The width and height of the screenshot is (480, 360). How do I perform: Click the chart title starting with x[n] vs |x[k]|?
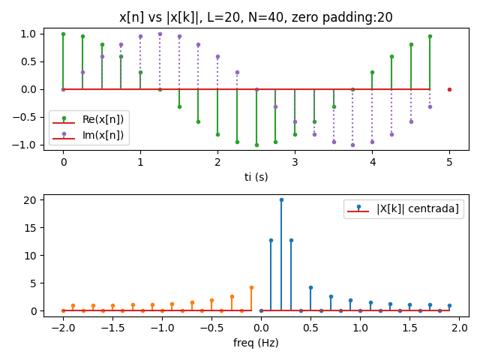[256, 17]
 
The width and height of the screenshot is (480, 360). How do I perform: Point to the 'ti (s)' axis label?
[256, 177]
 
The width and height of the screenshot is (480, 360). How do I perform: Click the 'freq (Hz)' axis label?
[256, 343]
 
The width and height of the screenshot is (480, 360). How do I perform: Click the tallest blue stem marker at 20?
[281, 199]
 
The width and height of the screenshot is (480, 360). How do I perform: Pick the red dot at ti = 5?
[449, 89]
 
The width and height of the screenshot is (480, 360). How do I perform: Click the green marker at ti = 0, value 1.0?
[63, 34]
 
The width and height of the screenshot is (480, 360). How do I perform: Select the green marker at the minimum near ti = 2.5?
[256, 145]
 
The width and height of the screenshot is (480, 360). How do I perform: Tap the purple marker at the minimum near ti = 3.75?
[352, 145]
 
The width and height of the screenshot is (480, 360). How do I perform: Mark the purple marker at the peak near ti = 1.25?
[160, 34]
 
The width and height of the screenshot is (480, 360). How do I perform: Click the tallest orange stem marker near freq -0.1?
[251, 287]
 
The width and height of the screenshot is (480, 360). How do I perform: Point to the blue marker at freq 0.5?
[310, 287]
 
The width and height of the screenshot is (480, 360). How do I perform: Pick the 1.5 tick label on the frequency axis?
[409, 327]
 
